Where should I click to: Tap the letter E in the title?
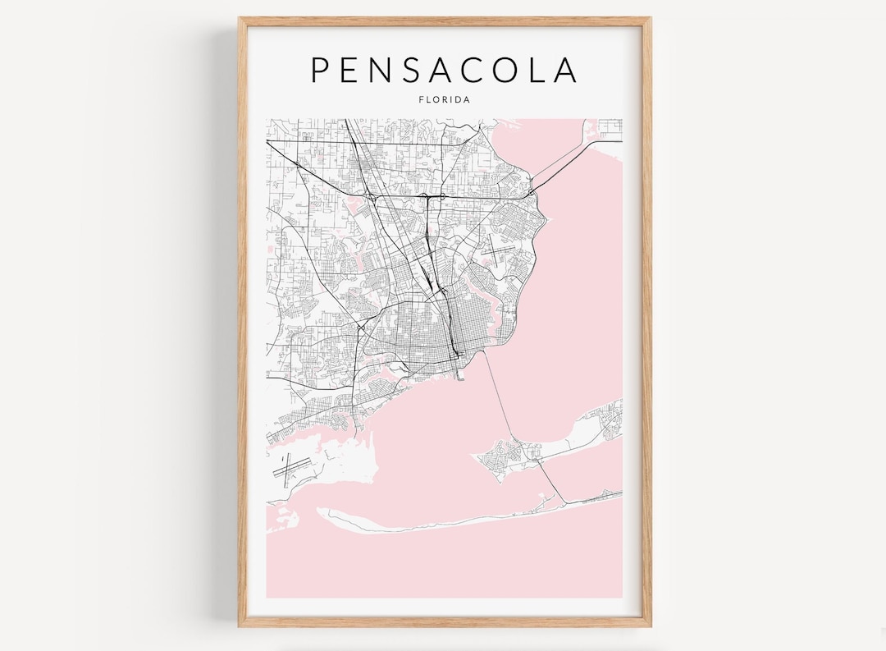coord(354,70)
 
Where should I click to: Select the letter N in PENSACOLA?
coord(389,70)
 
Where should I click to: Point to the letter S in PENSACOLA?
coord(423,70)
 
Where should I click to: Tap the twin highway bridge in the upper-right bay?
coord(566,161)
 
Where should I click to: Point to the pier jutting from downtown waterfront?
coord(461,374)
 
